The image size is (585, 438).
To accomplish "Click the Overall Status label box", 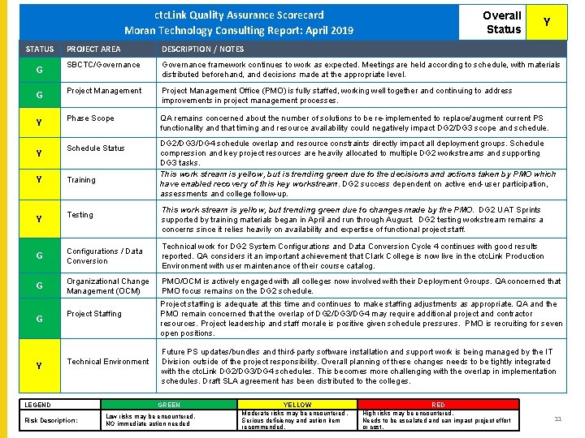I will point(503,23).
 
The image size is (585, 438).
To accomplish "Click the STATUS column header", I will point(39,49).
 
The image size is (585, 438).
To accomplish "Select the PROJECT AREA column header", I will point(93,49).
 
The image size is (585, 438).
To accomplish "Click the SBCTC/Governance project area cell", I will point(103,65).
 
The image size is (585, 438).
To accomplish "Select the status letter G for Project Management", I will point(38,96).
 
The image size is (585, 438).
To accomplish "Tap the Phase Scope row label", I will point(90,118).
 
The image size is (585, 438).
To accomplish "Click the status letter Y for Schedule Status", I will point(38,153).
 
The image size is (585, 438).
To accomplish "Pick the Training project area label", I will point(81,180).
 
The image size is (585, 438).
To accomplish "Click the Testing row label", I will point(80,215).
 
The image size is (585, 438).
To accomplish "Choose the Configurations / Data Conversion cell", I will point(104,256).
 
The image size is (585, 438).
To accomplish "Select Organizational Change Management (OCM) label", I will point(107,286).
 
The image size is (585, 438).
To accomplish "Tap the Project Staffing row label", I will point(94,314).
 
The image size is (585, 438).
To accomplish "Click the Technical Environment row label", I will point(107,362).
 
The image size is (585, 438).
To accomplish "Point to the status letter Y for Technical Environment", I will point(38,366).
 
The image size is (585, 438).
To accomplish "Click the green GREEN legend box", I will point(169,405).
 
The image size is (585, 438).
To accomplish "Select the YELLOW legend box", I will point(297,405).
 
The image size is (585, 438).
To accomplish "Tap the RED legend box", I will point(438,405).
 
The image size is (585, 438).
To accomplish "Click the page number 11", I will point(557,419).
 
